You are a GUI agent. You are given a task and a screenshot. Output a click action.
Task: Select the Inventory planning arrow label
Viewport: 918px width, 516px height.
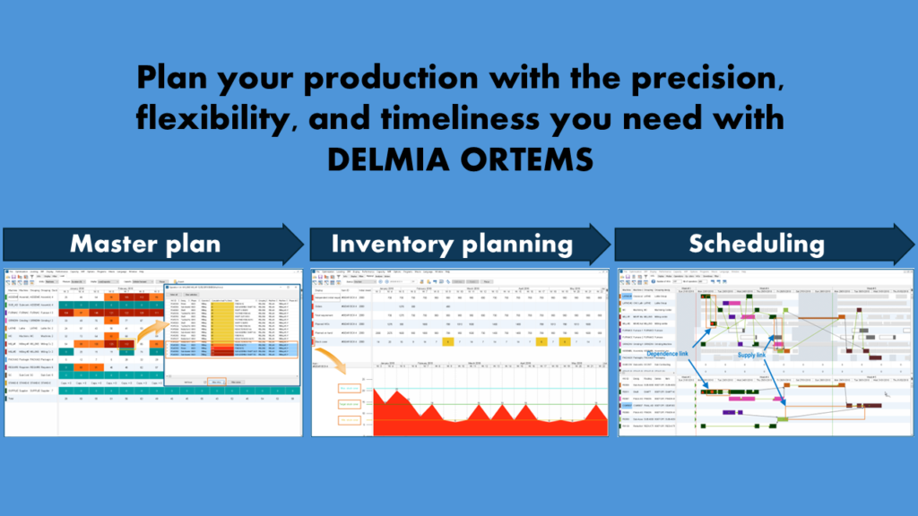pos(452,244)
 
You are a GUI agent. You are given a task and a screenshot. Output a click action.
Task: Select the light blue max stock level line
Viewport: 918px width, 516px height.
pos(493,387)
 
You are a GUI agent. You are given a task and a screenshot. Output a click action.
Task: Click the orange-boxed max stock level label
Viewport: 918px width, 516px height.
pos(350,389)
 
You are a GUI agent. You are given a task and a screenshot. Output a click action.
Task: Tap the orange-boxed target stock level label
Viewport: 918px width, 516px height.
pos(350,405)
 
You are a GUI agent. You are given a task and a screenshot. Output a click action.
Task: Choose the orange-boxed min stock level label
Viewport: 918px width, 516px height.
pos(350,420)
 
